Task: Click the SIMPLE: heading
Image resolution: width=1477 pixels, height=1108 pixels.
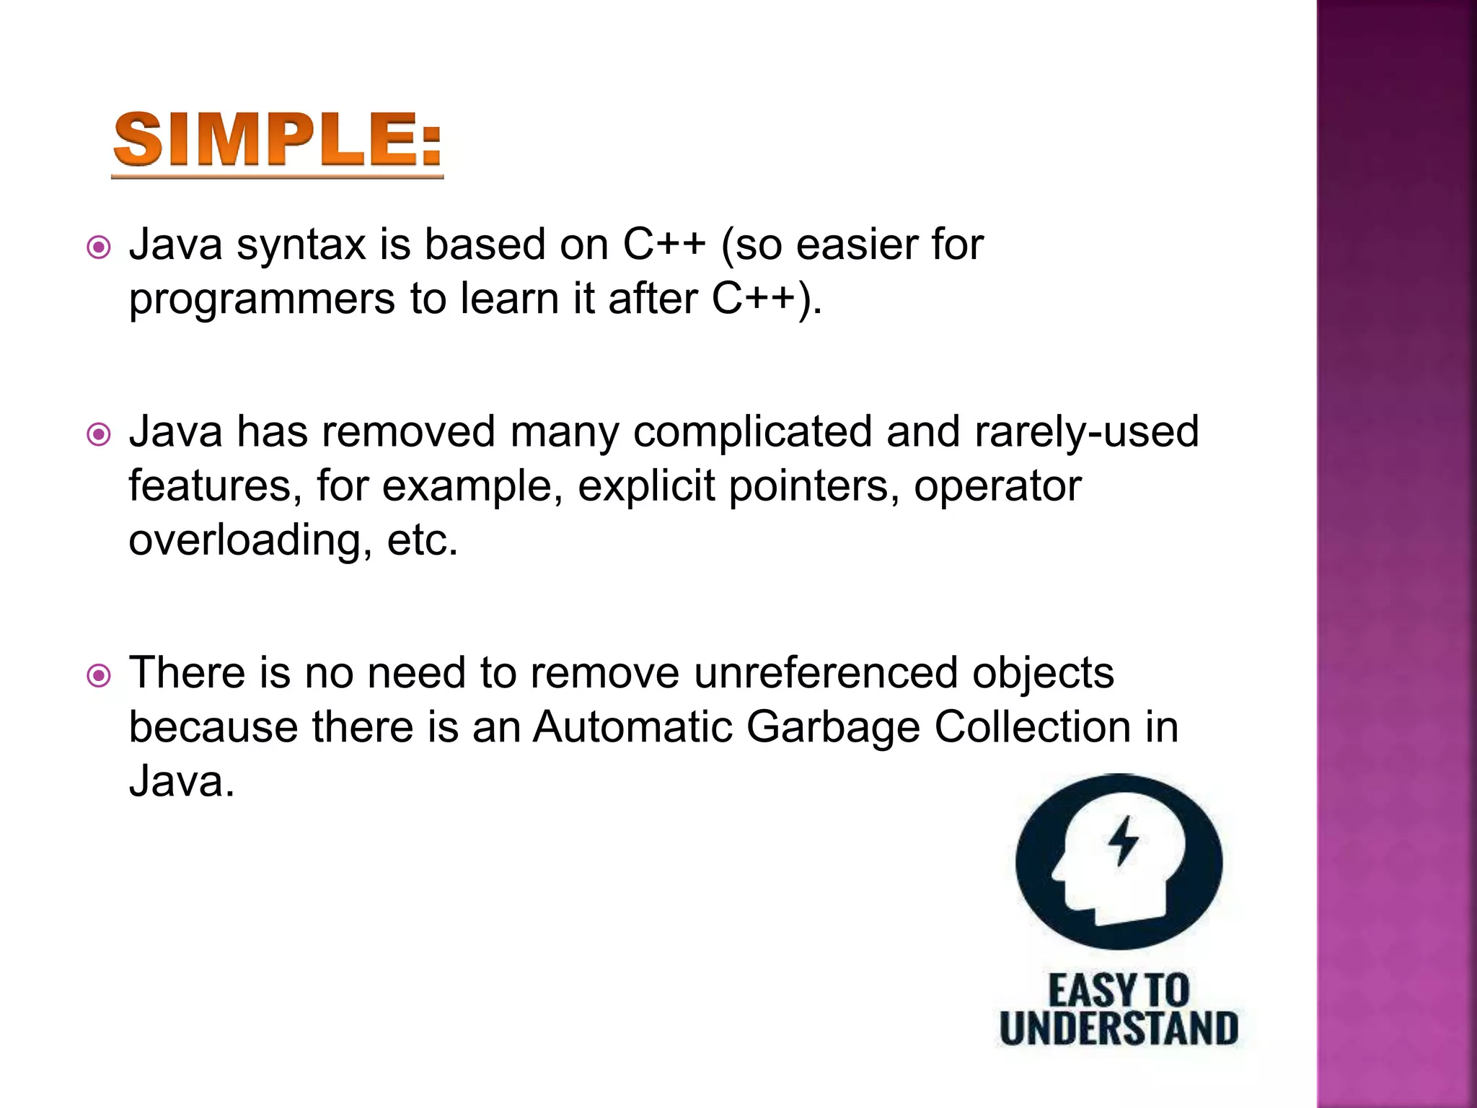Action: (278, 141)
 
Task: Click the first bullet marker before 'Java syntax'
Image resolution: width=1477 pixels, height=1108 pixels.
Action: (99, 248)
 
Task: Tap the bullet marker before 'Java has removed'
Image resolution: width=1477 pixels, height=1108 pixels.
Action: (99, 435)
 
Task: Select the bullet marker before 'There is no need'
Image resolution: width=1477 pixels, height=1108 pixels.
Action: (99, 676)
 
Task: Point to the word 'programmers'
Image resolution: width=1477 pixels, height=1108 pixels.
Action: (262, 299)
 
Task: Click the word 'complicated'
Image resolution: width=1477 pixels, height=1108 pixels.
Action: (752, 432)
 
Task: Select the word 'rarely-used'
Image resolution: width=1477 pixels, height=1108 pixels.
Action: (1086, 432)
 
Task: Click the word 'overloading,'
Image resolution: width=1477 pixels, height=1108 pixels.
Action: (251, 540)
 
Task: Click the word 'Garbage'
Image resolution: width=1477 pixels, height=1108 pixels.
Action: (833, 727)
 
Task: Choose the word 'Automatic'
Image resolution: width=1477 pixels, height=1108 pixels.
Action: (632, 727)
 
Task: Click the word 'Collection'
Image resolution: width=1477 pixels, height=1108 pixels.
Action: (1032, 727)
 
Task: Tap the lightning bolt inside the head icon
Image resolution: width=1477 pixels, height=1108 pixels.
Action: (1123, 840)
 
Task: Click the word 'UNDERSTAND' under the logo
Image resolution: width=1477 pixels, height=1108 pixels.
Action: (1119, 1029)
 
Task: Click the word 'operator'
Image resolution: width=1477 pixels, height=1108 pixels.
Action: (997, 486)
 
